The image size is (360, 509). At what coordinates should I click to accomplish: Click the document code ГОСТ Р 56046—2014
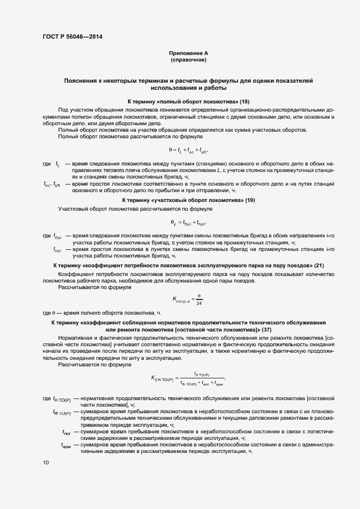[72, 37]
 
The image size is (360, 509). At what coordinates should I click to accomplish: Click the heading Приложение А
[188, 53]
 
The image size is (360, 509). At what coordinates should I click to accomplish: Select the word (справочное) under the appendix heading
[188, 60]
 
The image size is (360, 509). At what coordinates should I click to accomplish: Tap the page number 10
[46, 463]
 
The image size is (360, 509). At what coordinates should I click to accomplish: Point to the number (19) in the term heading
[250, 200]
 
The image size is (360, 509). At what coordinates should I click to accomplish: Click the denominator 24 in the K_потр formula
[199, 303]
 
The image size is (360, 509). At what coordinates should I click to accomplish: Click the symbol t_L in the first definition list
[57, 163]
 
